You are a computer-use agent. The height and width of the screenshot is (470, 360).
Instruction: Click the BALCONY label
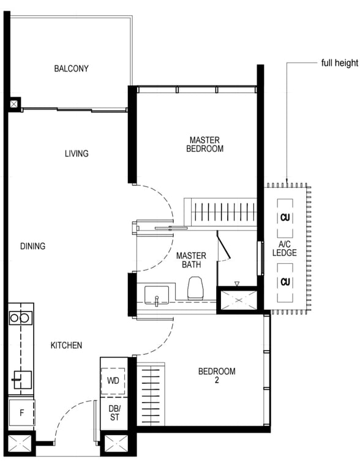point(72,69)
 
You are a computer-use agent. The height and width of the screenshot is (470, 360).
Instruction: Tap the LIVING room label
point(77,154)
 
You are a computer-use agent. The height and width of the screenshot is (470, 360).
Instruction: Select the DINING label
point(32,246)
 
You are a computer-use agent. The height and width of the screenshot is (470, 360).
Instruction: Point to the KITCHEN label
point(66,345)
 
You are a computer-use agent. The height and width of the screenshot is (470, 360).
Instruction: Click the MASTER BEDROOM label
point(205,144)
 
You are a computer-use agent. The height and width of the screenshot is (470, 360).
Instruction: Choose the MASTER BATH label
point(192,260)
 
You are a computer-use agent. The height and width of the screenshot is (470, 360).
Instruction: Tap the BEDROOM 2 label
point(217,376)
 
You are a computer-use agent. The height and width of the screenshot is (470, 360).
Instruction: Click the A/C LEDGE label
point(285,248)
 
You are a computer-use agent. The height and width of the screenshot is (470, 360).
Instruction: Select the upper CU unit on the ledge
point(285,218)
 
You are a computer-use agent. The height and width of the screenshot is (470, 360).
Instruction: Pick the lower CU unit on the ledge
point(285,282)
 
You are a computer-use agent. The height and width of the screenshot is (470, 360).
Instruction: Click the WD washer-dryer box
point(113,381)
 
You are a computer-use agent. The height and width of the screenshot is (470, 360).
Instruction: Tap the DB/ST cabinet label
point(114,412)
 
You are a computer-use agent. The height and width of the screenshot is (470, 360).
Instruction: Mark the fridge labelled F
point(21,412)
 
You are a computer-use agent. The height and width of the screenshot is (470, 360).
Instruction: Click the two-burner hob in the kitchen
point(20,318)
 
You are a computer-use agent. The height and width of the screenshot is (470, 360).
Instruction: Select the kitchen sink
point(22,380)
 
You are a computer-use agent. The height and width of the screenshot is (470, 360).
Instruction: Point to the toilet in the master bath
point(195,288)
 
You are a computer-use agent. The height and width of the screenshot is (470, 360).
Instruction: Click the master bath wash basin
point(157,295)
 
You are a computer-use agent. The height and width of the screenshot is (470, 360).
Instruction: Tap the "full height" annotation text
point(340,63)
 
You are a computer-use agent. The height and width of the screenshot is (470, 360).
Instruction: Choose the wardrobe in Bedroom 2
point(151,394)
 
